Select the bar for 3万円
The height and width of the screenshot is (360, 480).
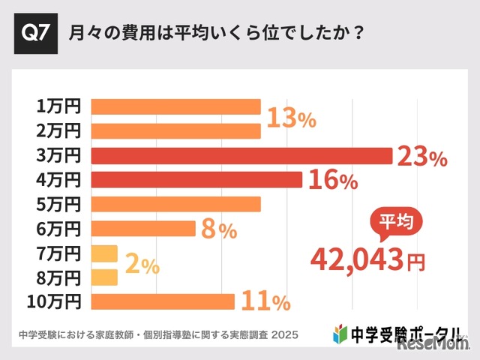(x=241, y=155)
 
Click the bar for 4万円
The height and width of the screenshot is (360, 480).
(x=196, y=180)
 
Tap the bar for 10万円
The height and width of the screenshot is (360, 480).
(x=163, y=301)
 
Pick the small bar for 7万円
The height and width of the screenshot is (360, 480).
(x=104, y=253)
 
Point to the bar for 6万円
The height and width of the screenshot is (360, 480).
(x=143, y=229)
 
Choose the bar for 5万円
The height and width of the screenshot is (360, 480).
(x=175, y=204)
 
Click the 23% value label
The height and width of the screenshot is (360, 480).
(x=422, y=157)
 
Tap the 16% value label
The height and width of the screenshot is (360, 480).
(x=332, y=181)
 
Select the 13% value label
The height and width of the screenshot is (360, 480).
(x=292, y=118)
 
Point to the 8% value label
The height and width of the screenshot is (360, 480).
(x=219, y=230)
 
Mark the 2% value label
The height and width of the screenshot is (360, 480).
(x=141, y=265)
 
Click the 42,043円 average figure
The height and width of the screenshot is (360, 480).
(x=367, y=259)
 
